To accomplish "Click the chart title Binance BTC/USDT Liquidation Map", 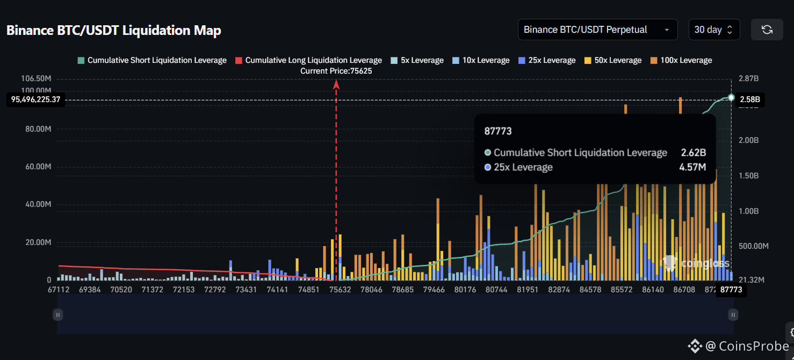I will (113, 30).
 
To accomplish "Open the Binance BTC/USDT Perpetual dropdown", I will (596, 30).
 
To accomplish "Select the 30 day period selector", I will (713, 30).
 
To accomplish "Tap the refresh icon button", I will (767, 30).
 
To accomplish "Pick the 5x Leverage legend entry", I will (417, 60).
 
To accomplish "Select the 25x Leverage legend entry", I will (547, 60).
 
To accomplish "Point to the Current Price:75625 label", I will (336, 70).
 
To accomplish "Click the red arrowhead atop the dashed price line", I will (336, 84).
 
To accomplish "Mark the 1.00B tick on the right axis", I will (748, 211).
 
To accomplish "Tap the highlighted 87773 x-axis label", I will (731, 290).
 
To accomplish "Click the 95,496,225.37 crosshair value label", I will (35, 99).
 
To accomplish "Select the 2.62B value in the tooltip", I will (693, 153).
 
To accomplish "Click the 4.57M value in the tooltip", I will (692, 167).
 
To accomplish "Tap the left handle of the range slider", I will (58, 315).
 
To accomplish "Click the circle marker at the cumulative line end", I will (731, 97).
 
